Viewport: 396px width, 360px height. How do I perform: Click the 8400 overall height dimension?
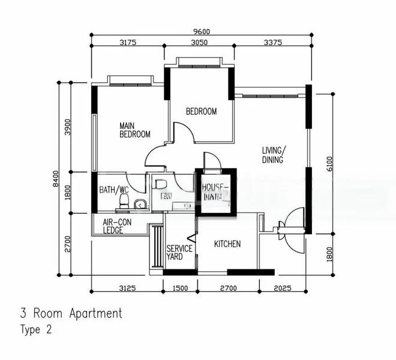(55, 178)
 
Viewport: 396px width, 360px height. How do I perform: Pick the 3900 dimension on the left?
(68, 127)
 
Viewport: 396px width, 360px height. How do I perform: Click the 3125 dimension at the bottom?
(127, 288)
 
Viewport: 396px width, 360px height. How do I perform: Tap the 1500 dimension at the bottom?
(181, 288)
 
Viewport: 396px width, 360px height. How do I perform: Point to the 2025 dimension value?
(283, 288)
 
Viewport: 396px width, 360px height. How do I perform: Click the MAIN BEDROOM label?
(134, 130)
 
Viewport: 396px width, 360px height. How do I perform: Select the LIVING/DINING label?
(273, 155)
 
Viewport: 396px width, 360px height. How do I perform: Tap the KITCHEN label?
(227, 244)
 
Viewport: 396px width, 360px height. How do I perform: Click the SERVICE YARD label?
(179, 253)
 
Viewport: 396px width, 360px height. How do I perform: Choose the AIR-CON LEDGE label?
(117, 226)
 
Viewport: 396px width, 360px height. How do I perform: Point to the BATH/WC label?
(114, 190)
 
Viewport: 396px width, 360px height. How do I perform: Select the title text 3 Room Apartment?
(71, 313)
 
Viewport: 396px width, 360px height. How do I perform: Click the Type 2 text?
(37, 329)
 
